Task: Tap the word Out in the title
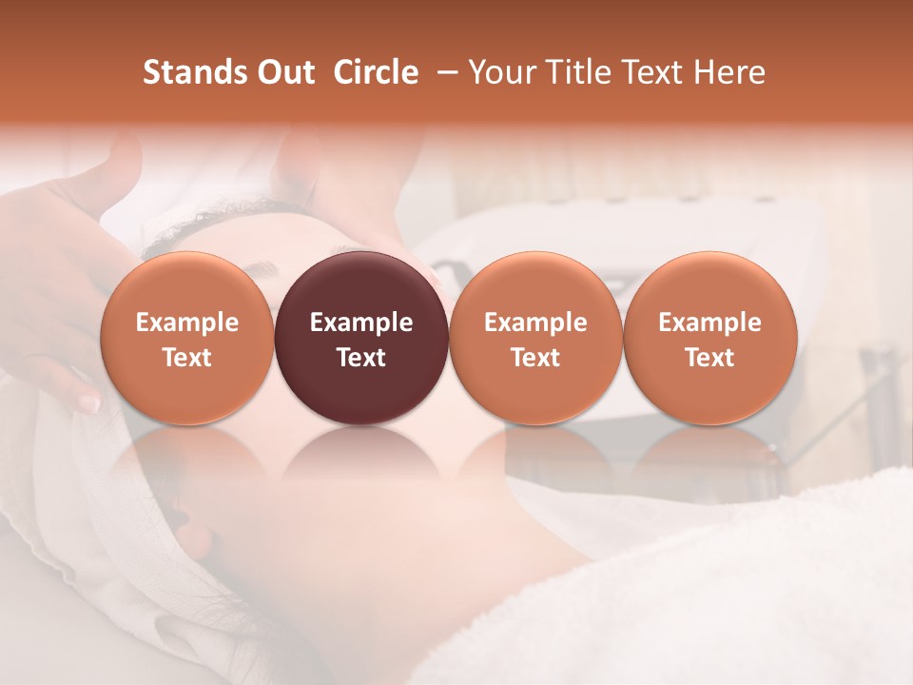pos(284,72)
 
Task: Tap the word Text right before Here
pos(652,72)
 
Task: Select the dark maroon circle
pos(360,285)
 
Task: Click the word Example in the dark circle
pos(360,323)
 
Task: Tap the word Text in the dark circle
pos(360,358)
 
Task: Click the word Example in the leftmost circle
pos(186,323)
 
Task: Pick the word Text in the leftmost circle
pos(186,358)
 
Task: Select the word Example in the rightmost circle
pos(709,323)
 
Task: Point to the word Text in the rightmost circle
pos(709,358)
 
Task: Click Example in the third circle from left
pos(535,323)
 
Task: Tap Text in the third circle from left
pos(535,358)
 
